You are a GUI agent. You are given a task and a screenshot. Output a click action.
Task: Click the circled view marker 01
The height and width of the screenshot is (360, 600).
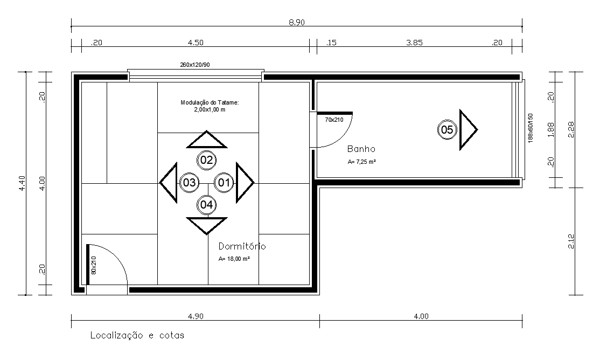point(224,183)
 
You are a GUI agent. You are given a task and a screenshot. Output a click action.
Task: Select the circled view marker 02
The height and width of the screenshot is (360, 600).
point(207,160)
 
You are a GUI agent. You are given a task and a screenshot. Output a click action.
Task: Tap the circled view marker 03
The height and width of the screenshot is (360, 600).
point(189,183)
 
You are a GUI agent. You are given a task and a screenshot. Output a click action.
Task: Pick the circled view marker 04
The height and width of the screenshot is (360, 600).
point(207,205)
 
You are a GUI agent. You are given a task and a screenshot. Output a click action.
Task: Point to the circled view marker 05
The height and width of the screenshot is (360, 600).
point(447,130)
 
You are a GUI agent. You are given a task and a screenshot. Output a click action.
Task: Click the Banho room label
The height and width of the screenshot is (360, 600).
point(361,149)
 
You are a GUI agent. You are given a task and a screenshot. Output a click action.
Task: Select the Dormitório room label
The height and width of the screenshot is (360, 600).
point(242,246)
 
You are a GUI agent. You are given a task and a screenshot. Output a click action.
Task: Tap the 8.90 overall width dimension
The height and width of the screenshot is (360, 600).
point(297,22)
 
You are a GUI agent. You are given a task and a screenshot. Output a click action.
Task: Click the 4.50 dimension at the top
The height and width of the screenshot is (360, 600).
point(196,43)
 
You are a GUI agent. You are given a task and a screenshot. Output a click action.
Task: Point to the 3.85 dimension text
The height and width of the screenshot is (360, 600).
point(414,43)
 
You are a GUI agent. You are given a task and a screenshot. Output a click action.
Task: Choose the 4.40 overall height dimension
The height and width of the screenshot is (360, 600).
point(22,183)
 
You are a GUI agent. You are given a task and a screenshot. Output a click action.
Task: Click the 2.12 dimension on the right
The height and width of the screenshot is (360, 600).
point(571,241)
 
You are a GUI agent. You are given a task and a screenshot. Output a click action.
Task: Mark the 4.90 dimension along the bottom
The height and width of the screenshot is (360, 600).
point(196,316)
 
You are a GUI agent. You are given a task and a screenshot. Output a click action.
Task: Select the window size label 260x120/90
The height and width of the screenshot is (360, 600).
point(195,65)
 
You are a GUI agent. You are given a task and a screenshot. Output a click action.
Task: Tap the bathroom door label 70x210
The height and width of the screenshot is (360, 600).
point(334,120)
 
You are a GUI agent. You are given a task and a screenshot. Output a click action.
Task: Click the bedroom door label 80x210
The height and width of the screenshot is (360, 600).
point(94,265)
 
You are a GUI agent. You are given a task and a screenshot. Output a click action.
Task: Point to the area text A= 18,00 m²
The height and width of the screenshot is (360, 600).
point(234,259)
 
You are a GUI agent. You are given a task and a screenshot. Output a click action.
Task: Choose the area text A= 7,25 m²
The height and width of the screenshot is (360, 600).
point(361,162)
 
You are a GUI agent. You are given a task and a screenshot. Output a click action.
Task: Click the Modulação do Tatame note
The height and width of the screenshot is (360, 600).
point(210,106)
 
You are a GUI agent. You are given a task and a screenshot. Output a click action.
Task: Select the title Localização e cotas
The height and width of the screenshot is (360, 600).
point(137,336)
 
